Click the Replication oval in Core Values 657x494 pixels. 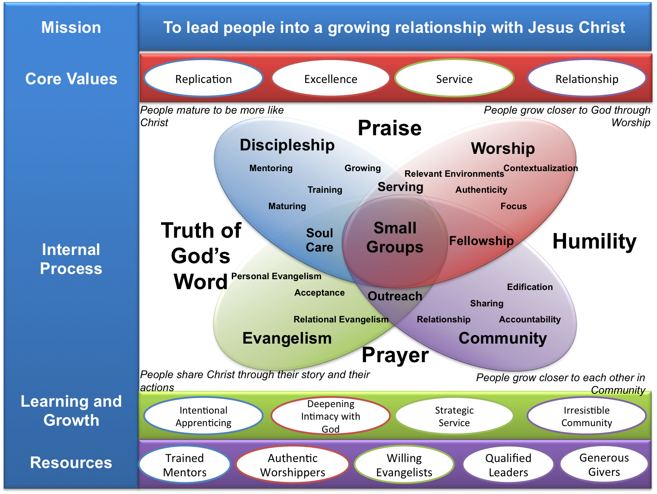click(203, 79)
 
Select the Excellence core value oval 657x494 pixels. click(331, 79)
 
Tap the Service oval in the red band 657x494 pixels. click(454, 79)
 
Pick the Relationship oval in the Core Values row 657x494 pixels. click(587, 79)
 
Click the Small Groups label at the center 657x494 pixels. click(395, 237)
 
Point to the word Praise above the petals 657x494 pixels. click(389, 128)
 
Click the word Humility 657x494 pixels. click(594, 241)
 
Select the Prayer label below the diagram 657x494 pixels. click(395, 355)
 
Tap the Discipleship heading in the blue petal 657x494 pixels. click(287, 145)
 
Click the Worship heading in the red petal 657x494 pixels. click(503, 149)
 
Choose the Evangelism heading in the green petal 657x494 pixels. click(287, 338)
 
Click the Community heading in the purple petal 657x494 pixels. click(503, 338)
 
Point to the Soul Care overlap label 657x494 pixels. click(319, 240)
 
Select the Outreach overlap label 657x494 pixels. click(395, 296)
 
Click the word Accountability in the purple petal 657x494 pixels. click(530, 319)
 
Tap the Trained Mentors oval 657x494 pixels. click(185, 465)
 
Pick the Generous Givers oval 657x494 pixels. click(604, 465)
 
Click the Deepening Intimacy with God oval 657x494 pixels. click(331, 416)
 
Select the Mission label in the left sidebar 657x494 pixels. click(71, 28)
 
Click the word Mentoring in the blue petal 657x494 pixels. click(271, 168)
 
